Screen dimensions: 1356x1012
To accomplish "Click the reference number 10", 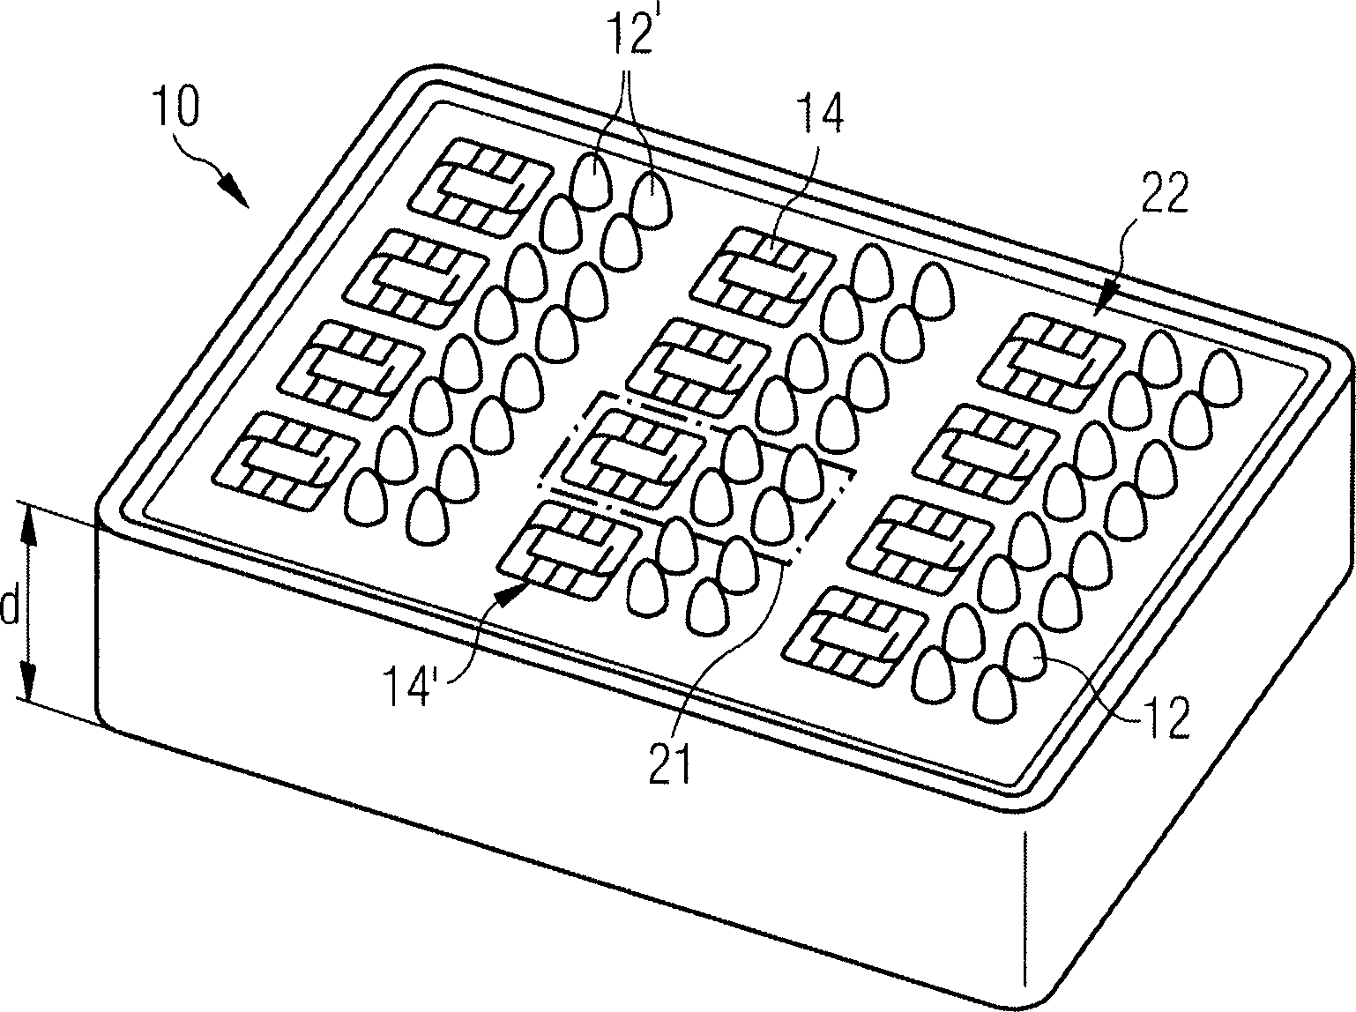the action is (x=178, y=107).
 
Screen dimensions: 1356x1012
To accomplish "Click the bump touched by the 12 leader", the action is (x=1024, y=651).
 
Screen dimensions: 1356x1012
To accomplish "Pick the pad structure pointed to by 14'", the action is (x=570, y=550).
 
